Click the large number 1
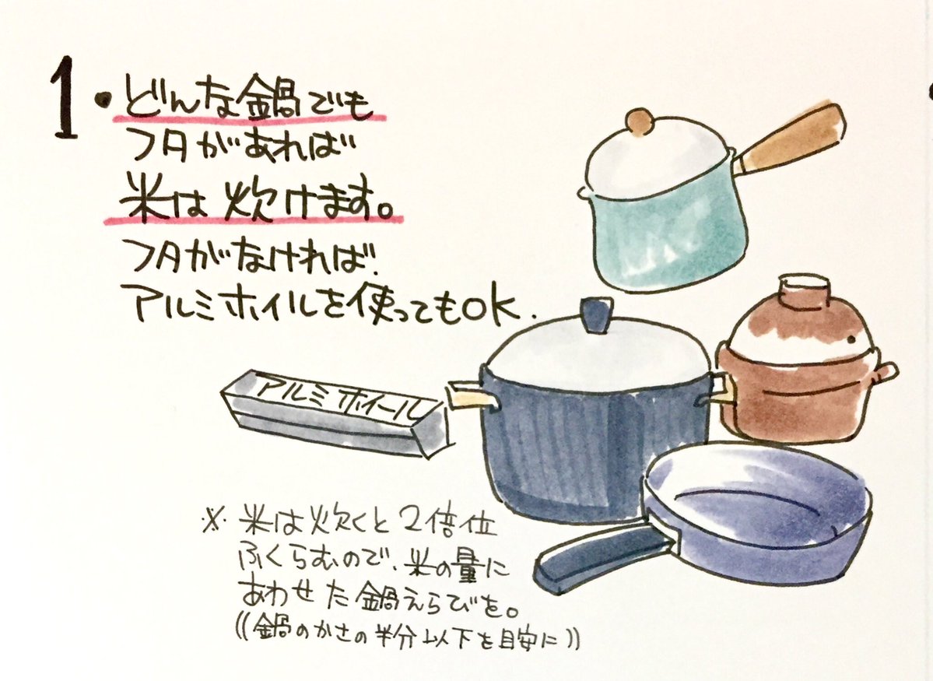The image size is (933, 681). [x=65, y=98]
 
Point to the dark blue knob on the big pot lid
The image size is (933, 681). [x=597, y=315]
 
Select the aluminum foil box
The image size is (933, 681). [x=334, y=412]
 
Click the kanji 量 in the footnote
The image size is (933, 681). [x=458, y=567]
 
